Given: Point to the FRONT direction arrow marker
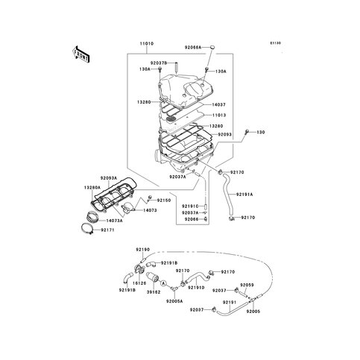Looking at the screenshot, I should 80,54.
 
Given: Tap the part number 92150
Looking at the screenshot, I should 164,200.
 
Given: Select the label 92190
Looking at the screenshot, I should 143,249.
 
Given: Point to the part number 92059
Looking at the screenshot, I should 247,285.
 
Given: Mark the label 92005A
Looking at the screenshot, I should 175,301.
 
